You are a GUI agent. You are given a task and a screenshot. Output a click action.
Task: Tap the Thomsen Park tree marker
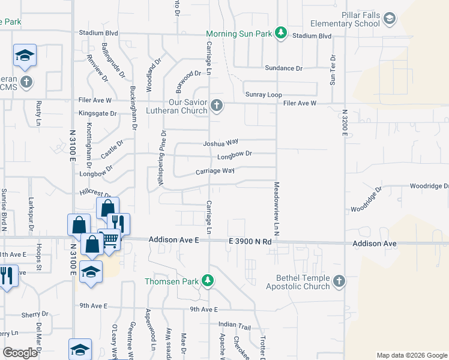tap(208, 280)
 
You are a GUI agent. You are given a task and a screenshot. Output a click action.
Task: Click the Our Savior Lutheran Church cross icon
tap(217, 107)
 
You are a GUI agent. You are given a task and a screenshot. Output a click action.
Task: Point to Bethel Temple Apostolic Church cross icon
tap(339, 281)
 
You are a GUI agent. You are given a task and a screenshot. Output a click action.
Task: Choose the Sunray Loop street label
tap(264, 95)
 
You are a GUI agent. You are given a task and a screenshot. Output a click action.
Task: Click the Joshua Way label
tap(220, 143)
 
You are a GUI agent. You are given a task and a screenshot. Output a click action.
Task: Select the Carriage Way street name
tap(215, 171)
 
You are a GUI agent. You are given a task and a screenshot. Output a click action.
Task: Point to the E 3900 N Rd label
tap(250, 241)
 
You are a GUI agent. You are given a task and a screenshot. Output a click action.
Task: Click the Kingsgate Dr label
tap(95, 113)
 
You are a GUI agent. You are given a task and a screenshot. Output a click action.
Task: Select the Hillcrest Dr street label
tap(95, 194)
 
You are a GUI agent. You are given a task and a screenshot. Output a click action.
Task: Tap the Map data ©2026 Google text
tap(411, 355)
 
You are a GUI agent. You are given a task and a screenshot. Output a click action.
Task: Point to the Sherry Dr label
tap(35, 314)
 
